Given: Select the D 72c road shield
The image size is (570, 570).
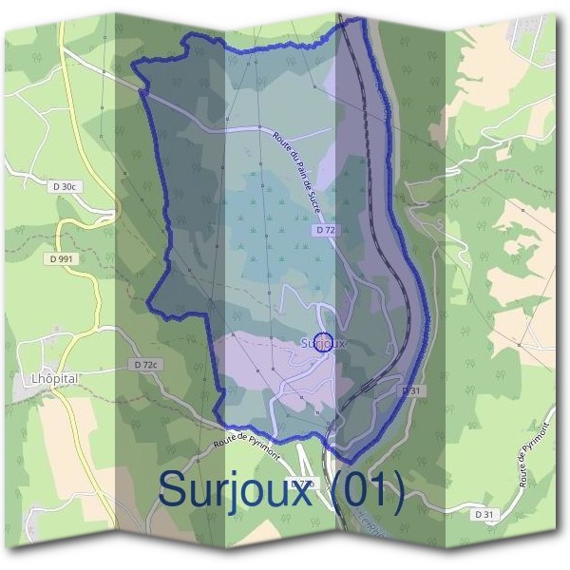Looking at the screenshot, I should pyautogui.click(x=145, y=364).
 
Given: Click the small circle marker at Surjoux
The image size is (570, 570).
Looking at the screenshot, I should pyautogui.click(x=323, y=342).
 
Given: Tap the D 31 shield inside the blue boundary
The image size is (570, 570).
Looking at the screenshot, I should pyautogui.click(x=410, y=390).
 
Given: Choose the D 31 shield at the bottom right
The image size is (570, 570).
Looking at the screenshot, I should pyautogui.click(x=484, y=514).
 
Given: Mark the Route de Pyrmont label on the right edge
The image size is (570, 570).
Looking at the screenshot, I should pyautogui.click(x=535, y=456).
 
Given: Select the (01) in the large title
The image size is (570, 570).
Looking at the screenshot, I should pyautogui.click(x=371, y=490).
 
